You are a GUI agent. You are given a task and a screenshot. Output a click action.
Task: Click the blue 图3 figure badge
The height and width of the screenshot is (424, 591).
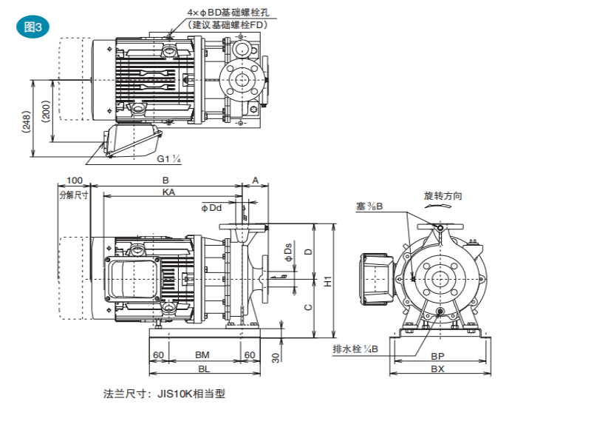click(x=33, y=27)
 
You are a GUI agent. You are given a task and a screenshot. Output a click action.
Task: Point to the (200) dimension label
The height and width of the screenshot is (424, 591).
click(x=47, y=112)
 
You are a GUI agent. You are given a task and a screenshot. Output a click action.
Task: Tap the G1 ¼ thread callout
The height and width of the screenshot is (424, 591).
click(x=169, y=159)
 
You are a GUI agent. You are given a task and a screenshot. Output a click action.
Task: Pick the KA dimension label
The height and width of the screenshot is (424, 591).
click(x=169, y=191)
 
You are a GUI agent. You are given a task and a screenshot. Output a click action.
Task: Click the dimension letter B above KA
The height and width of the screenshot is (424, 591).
click(x=165, y=180)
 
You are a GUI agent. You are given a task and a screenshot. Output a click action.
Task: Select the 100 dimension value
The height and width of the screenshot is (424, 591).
click(x=74, y=180)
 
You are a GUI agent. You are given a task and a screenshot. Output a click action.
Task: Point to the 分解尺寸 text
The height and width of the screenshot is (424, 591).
click(x=73, y=194)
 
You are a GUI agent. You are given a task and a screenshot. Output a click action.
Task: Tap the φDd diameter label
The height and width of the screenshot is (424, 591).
click(x=212, y=208)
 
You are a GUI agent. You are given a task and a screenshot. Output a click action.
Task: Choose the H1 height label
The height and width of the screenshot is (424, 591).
click(x=329, y=280)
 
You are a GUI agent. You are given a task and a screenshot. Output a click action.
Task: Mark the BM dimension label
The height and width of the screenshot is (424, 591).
click(x=202, y=355)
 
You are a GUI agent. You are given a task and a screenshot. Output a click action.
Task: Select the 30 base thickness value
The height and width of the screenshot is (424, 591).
click(x=276, y=357)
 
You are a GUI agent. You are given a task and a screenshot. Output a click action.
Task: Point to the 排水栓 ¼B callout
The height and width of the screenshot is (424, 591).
click(x=355, y=349)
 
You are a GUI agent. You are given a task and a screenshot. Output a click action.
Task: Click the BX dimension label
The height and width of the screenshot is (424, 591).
click(x=437, y=368)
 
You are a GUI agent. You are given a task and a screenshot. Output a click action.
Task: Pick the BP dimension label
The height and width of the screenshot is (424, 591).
click(x=437, y=356)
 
